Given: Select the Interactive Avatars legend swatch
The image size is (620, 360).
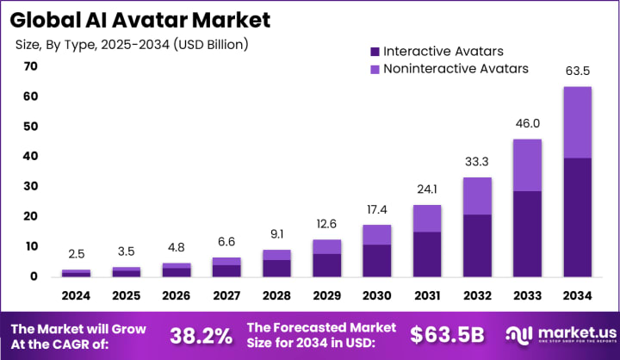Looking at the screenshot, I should click(x=372, y=51).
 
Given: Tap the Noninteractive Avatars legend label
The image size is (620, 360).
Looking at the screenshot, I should click(x=456, y=68).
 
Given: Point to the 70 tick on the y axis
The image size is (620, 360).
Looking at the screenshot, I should click(x=31, y=66).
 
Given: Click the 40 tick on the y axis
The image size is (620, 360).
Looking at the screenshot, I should click(x=31, y=156).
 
